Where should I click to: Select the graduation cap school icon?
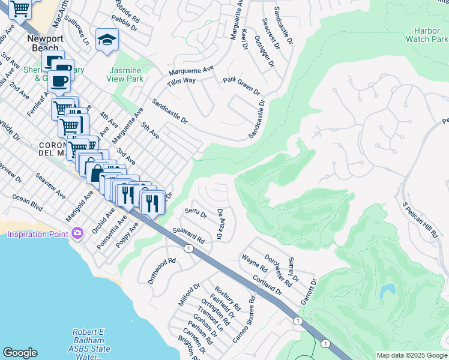(x=107, y=40)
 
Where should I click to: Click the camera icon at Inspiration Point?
(x=77, y=233)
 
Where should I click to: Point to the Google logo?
(x=20, y=353)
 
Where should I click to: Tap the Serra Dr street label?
(x=196, y=212)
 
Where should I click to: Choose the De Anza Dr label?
(x=220, y=224)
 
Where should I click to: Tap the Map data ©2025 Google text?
(x=412, y=355)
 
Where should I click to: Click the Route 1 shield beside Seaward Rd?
(x=188, y=248)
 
